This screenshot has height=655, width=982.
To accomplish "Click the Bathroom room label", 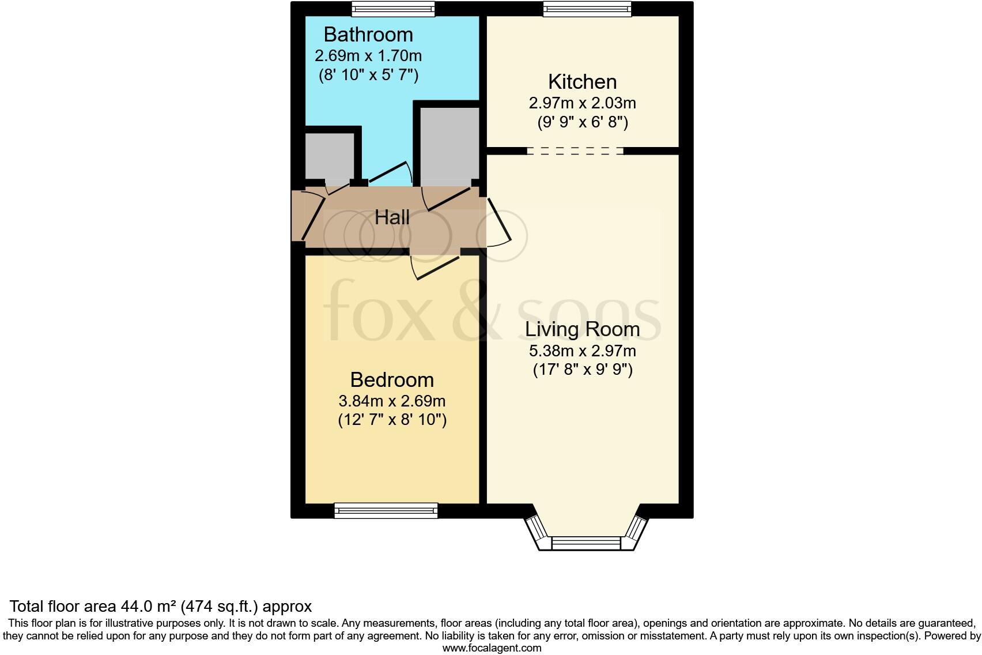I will coord(368,35).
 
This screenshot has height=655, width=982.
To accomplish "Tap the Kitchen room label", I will coord(582,82).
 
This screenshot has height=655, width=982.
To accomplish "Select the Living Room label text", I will coord(582,329).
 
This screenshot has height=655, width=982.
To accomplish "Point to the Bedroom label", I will coord(392,380).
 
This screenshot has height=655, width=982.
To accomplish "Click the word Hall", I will coord(392,218).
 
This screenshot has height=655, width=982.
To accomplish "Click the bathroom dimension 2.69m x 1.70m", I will coord(368,56).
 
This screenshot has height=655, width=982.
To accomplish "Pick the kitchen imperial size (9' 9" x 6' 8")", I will coord(582,122).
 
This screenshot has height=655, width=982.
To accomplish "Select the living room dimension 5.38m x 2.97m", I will coord(582,351).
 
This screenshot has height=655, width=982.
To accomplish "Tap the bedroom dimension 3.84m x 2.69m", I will coord(392,401).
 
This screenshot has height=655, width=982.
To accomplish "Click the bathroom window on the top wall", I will coord(393,8).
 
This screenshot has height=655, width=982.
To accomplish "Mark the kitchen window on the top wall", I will coord(587,8).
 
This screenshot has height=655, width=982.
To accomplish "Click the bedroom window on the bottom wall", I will coord(386,510).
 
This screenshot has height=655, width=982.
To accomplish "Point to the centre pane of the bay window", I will coord(586,543).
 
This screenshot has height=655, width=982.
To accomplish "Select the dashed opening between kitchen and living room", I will coord(575,151).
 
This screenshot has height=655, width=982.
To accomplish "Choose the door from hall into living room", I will coord(499,223).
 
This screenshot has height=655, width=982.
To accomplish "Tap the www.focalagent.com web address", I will coord(492,648).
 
